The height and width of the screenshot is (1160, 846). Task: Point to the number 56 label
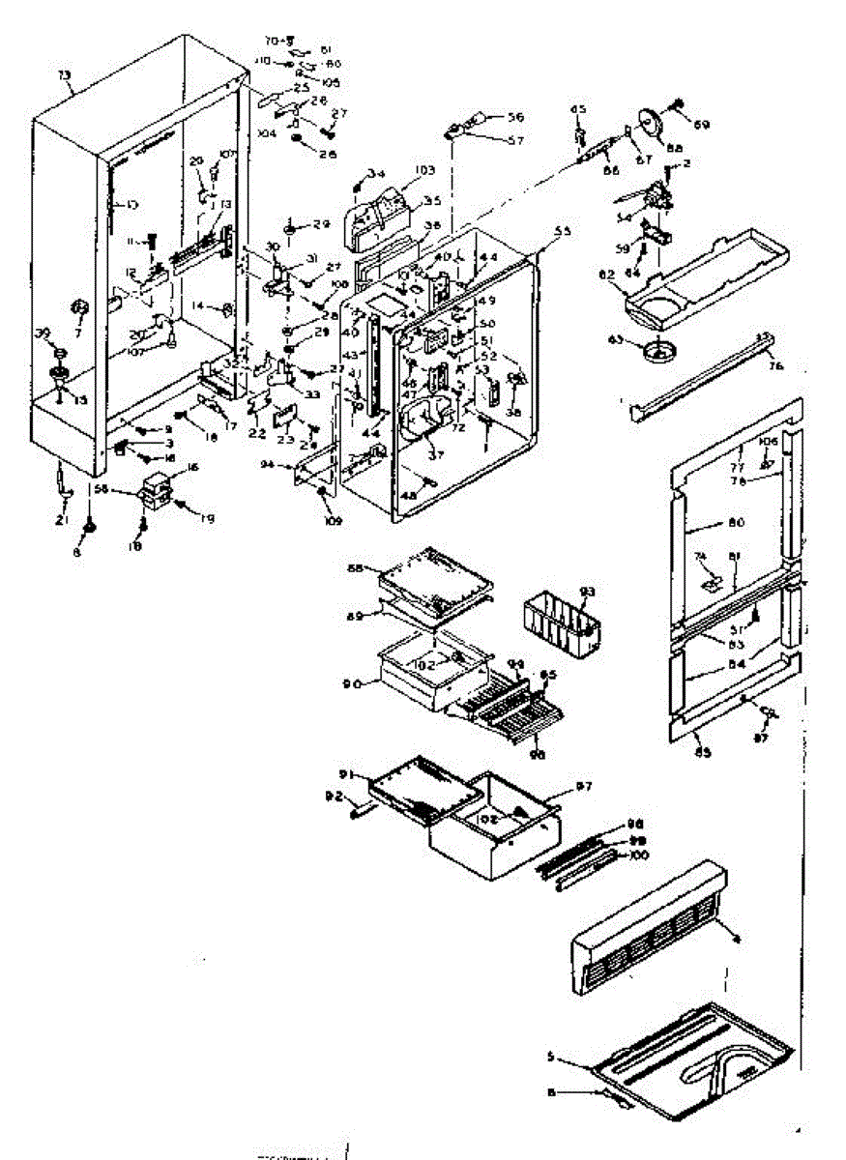coord(515,117)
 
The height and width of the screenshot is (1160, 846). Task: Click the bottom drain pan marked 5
coord(696,1058)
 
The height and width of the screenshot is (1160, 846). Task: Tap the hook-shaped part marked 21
coord(65,482)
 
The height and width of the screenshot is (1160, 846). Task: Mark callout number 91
coord(344,772)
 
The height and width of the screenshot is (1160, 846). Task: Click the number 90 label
coord(353,683)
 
